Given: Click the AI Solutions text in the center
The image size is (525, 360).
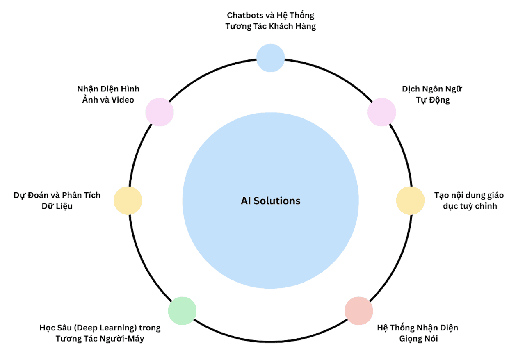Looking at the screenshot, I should (x=270, y=201).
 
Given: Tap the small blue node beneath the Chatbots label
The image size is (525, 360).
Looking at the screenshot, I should (x=270, y=58).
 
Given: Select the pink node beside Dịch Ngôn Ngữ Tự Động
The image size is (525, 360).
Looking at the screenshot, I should (x=381, y=112).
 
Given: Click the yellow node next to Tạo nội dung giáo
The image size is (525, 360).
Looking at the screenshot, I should (x=410, y=201).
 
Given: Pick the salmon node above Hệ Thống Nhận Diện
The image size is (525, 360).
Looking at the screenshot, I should (x=359, y=311).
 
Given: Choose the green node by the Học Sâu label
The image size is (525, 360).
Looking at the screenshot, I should (x=182, y=311).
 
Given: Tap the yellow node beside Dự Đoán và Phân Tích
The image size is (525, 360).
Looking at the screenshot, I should (x=128, y=201).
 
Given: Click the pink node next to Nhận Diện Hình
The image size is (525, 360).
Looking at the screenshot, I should (x=160, y=112).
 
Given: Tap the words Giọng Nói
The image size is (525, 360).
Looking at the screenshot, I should (x=418, y=339).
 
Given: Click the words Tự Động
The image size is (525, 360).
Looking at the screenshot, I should (x=433, y=100).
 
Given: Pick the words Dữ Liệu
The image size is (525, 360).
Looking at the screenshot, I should (x=57, y=206).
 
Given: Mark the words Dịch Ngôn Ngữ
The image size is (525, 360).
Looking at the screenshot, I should (x=432, y=89).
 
